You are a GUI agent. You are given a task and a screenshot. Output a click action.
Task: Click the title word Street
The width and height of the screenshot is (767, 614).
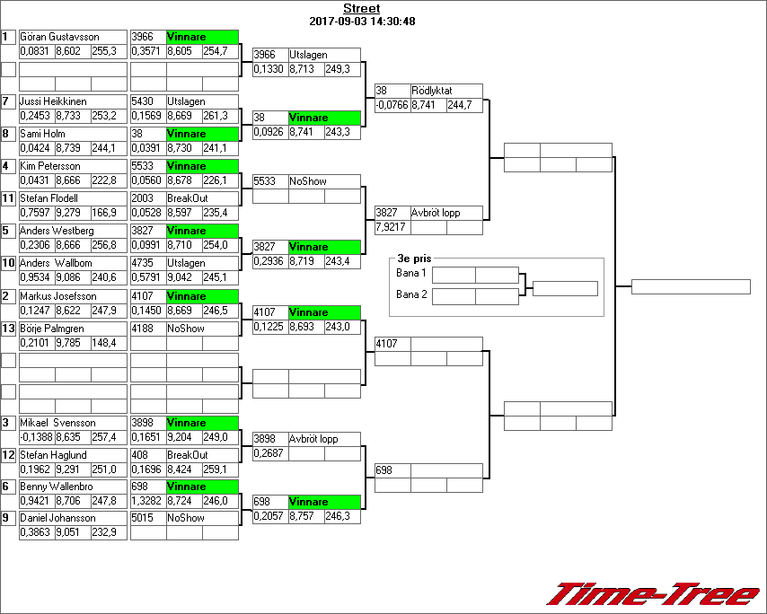click(x=361, y=9)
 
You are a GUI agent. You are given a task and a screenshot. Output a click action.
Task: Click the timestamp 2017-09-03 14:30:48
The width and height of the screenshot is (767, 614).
click(x=361, y=22)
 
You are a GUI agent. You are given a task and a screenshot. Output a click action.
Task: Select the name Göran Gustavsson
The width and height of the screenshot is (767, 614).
click(x=59, y=37)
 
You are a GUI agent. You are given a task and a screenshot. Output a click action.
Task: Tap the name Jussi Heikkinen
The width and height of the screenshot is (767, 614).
click(x=56, y=101)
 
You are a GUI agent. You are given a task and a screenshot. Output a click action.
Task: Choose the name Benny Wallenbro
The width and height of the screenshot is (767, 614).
click(x=58, y=487)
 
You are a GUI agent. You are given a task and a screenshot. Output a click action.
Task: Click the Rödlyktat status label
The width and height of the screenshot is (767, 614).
click(x=432, y=91)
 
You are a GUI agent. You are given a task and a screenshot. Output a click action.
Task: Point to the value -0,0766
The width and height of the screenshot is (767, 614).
click(x=392, y=105)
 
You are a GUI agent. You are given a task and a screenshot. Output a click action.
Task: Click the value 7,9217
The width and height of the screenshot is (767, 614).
click(x=391, y=227)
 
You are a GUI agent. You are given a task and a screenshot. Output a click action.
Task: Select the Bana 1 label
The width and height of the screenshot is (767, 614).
click(x=410, y=273)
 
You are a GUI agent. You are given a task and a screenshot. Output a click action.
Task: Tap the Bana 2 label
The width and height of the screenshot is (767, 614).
click(x=410, y=294)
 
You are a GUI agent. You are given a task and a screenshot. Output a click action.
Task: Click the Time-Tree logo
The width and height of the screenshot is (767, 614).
click(x=653, y=594)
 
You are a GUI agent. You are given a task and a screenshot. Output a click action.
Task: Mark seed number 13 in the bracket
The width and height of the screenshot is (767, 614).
click(x=8, y=329)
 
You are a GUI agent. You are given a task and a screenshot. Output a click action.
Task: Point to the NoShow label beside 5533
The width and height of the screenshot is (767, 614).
click(x=308, y=181)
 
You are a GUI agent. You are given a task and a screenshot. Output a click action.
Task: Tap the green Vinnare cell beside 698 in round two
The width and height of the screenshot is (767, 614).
click(x=323, y=502)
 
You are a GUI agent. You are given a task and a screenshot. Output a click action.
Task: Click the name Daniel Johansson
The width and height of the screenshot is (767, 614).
click(x=57, y=518)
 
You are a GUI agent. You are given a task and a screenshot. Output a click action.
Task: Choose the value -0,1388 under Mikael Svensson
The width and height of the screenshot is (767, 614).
click(x=36, y=437)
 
